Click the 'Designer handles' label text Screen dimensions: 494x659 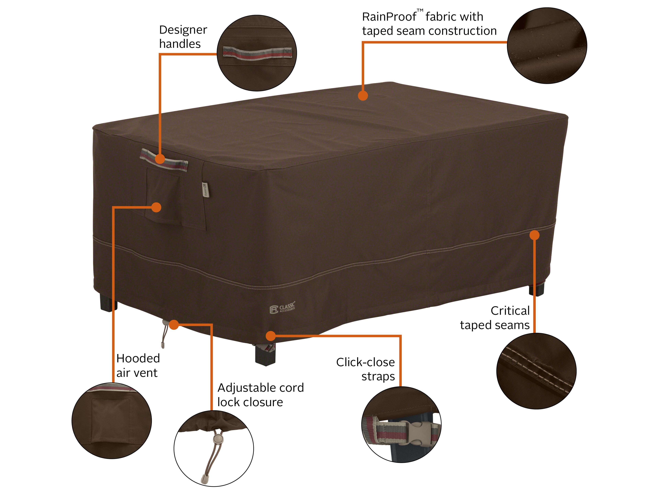click(x=183, y=37)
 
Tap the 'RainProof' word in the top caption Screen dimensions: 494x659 click(x=389, y=17)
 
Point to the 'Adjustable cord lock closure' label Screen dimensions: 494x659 click(x=260, y=395)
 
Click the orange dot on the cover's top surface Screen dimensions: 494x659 click(x=363, y=96)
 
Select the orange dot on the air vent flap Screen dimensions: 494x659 click(x=156, y=207)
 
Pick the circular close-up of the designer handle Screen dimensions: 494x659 click(x=257, y=53)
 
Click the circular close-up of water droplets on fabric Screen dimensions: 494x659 click(x=547, y=46)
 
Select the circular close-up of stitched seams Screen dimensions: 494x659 click(x=536, y=371)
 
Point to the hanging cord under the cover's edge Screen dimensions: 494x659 click(x=164, y=335)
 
